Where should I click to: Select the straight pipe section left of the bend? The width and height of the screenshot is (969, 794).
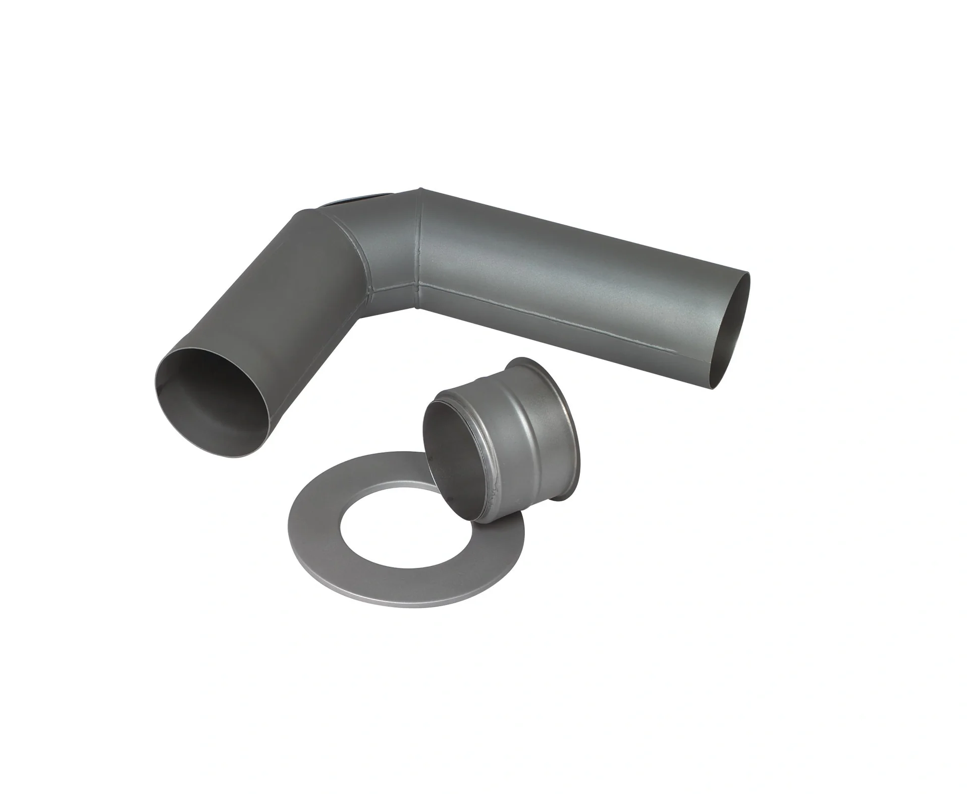pyautogui.click(x=283, y=303)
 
